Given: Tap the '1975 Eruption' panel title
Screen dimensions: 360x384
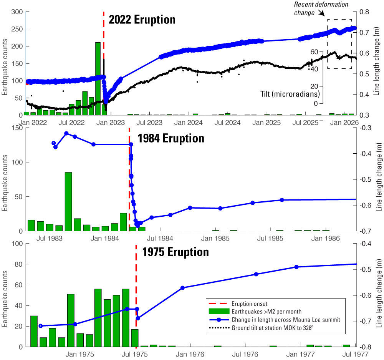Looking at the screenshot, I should pyautogui.click(x=175, y=252).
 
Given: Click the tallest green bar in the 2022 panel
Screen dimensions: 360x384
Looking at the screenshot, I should pyautogui.click(x=98, y=78).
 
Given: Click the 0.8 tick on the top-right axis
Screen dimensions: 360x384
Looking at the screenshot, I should pyautogui.click(x=364, y=12).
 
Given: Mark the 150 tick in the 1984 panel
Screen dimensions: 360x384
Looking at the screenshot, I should pyautogui.click(x=16, y=128).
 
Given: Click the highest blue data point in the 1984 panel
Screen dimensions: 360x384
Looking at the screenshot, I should pyautogui.click(x=66, y=133).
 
